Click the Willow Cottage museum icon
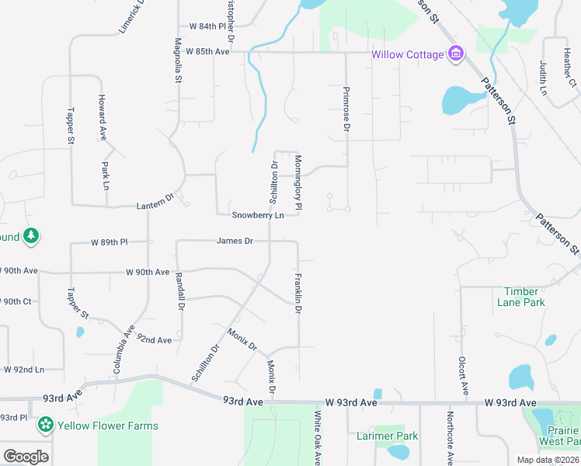tap(456, 54)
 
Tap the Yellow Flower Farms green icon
tap(46, 425)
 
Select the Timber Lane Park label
tap(520, 297)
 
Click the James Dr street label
tap(235, 241)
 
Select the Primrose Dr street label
tap(346, 108)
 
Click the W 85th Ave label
tap(207, 51)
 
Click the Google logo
tap(26, 457)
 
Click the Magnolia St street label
tap(179, 61)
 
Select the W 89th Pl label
tap(109, 242)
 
